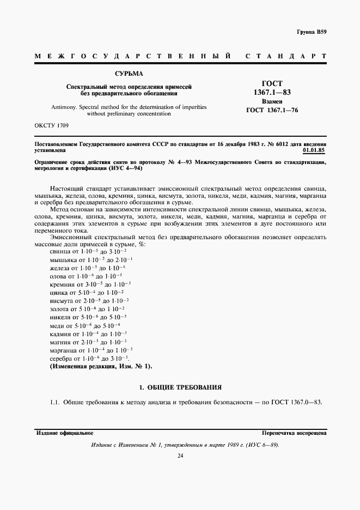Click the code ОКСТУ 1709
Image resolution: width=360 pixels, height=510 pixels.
tap(52, 126)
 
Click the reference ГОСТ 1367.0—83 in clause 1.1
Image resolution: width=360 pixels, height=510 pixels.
tap(297, 402)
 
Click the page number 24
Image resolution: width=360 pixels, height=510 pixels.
tap(180, 456)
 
